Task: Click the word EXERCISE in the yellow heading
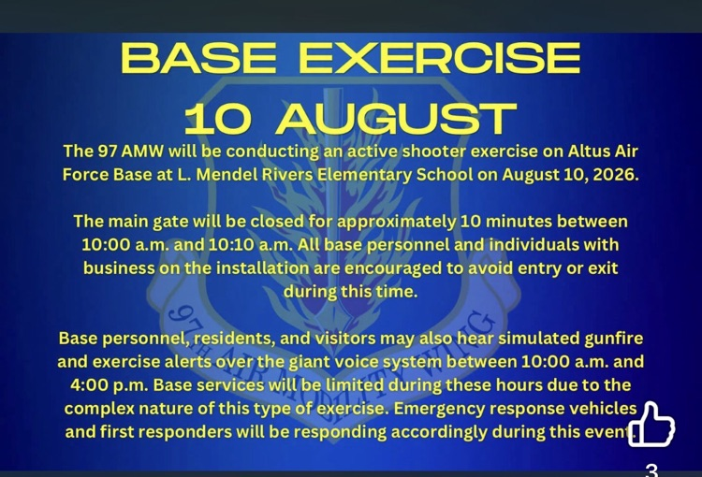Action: (x=440, y=57)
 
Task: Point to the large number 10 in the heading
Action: (x=218, y=119)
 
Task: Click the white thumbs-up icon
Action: (x=651, y=425)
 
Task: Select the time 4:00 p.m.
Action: (x=110, y=385)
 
